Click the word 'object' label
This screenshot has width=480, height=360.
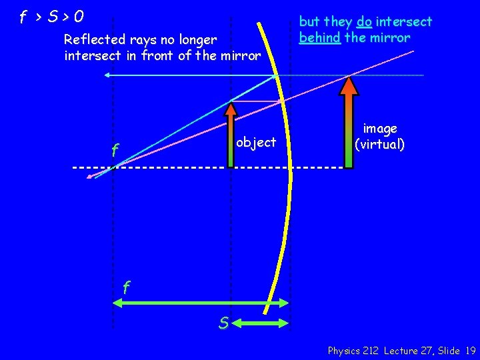click(256, 142)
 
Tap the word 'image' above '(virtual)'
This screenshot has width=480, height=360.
click(380, 129)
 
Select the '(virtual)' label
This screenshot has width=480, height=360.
click(379, 143)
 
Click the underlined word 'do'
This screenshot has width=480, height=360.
click(364, 22)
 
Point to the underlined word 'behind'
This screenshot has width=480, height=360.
click(320, 37)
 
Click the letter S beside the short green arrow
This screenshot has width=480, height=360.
click(225, 323)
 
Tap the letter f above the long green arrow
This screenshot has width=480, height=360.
click(126, 288)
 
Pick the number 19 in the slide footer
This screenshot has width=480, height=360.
click(471, 350)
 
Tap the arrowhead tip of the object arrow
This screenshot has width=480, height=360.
click(231, 101)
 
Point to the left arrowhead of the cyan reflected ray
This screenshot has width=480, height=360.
click(107, 76)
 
